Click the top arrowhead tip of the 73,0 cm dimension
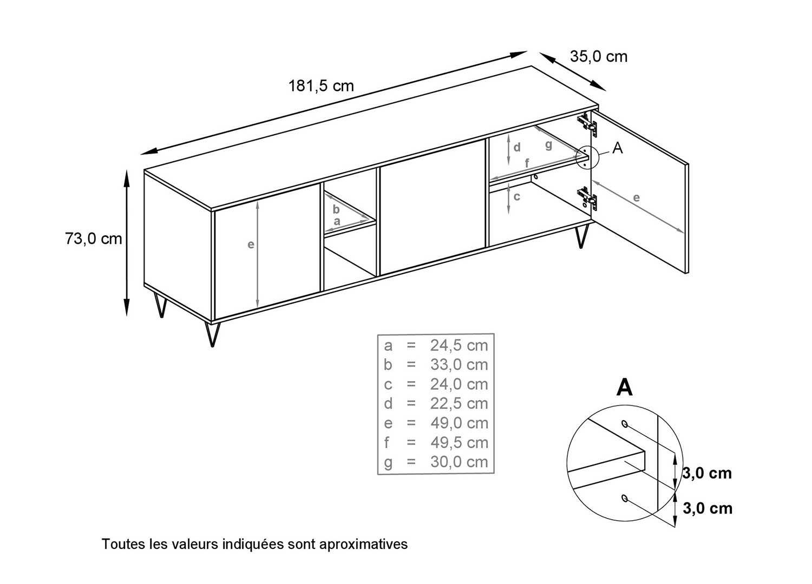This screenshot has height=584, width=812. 127,170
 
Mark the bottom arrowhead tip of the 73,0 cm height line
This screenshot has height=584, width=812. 127,316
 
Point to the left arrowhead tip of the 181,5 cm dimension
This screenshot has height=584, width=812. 141,155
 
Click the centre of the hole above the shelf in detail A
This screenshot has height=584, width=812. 625,423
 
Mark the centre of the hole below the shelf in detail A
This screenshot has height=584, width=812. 625,498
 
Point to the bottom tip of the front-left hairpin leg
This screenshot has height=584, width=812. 212,347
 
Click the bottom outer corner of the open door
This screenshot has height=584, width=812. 687,274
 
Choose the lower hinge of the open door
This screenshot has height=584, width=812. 587,198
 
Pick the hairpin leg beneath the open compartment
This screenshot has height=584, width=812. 581,235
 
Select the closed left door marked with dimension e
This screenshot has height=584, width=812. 267,251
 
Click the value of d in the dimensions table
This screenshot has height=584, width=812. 459,403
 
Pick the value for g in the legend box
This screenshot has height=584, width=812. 459,462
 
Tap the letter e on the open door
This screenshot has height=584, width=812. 637,198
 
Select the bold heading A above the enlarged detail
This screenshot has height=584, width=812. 624,387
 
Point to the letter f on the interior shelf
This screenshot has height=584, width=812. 527,163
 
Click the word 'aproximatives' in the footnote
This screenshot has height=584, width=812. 363,544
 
